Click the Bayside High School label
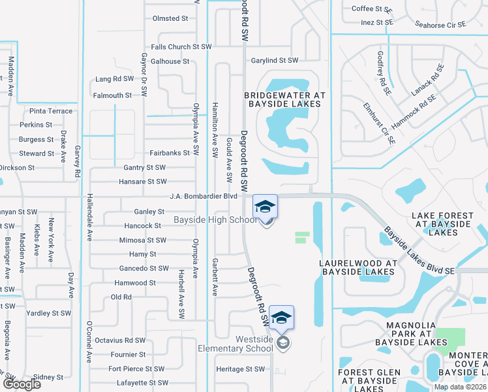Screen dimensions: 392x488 (215, 220)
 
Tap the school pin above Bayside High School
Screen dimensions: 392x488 (265, 207)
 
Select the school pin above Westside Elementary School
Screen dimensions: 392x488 (281, 318)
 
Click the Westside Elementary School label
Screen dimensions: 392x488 (236, 343)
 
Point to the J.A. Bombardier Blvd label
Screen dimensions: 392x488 (203, 196)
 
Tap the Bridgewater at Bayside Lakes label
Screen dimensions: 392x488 (284, 99)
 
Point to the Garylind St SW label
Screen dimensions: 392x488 (275, 61)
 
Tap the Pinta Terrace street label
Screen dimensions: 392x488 (51, 111)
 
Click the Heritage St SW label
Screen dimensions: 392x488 (240, 369)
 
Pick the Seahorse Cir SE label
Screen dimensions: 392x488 (440, 25)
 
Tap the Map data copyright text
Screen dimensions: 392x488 (460, 387)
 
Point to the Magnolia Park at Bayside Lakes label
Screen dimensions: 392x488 (410, 331)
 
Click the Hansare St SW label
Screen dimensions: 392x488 (142, 182)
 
